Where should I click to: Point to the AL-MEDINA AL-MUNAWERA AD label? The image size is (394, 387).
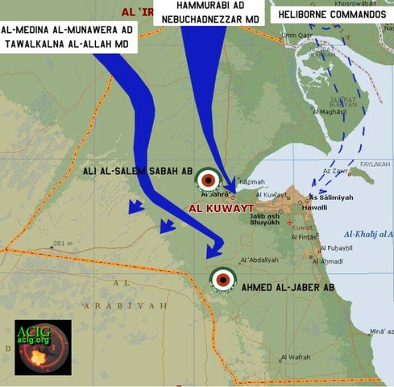(68, 30)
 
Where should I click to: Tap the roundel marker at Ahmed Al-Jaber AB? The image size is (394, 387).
(222, 280)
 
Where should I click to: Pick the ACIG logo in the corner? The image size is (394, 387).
(43, 347)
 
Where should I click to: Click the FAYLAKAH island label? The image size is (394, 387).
(375, 164)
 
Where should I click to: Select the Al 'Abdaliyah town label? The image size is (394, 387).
(260, 260)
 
